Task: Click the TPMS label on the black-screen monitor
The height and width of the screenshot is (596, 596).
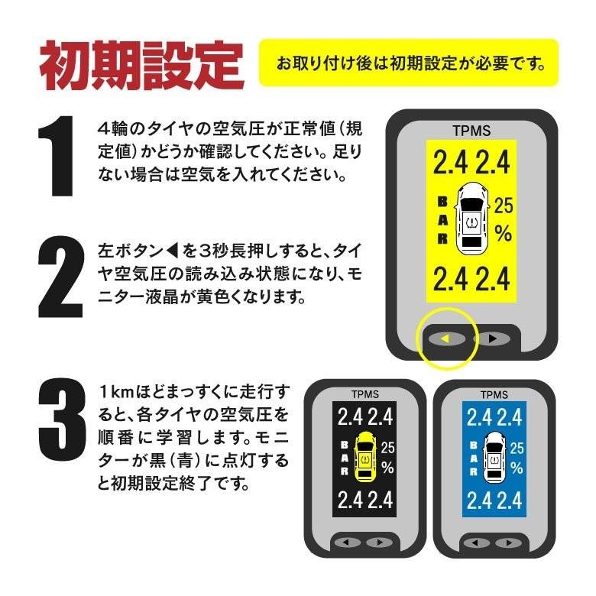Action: tap(364, 396)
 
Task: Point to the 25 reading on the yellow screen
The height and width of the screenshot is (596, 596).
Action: tap(504, 205)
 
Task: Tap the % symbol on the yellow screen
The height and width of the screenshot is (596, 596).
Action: tap(503, 233)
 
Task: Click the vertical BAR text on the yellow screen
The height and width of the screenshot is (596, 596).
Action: tap(442, 220)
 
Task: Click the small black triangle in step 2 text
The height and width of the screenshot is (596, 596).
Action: tap(172, 251)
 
